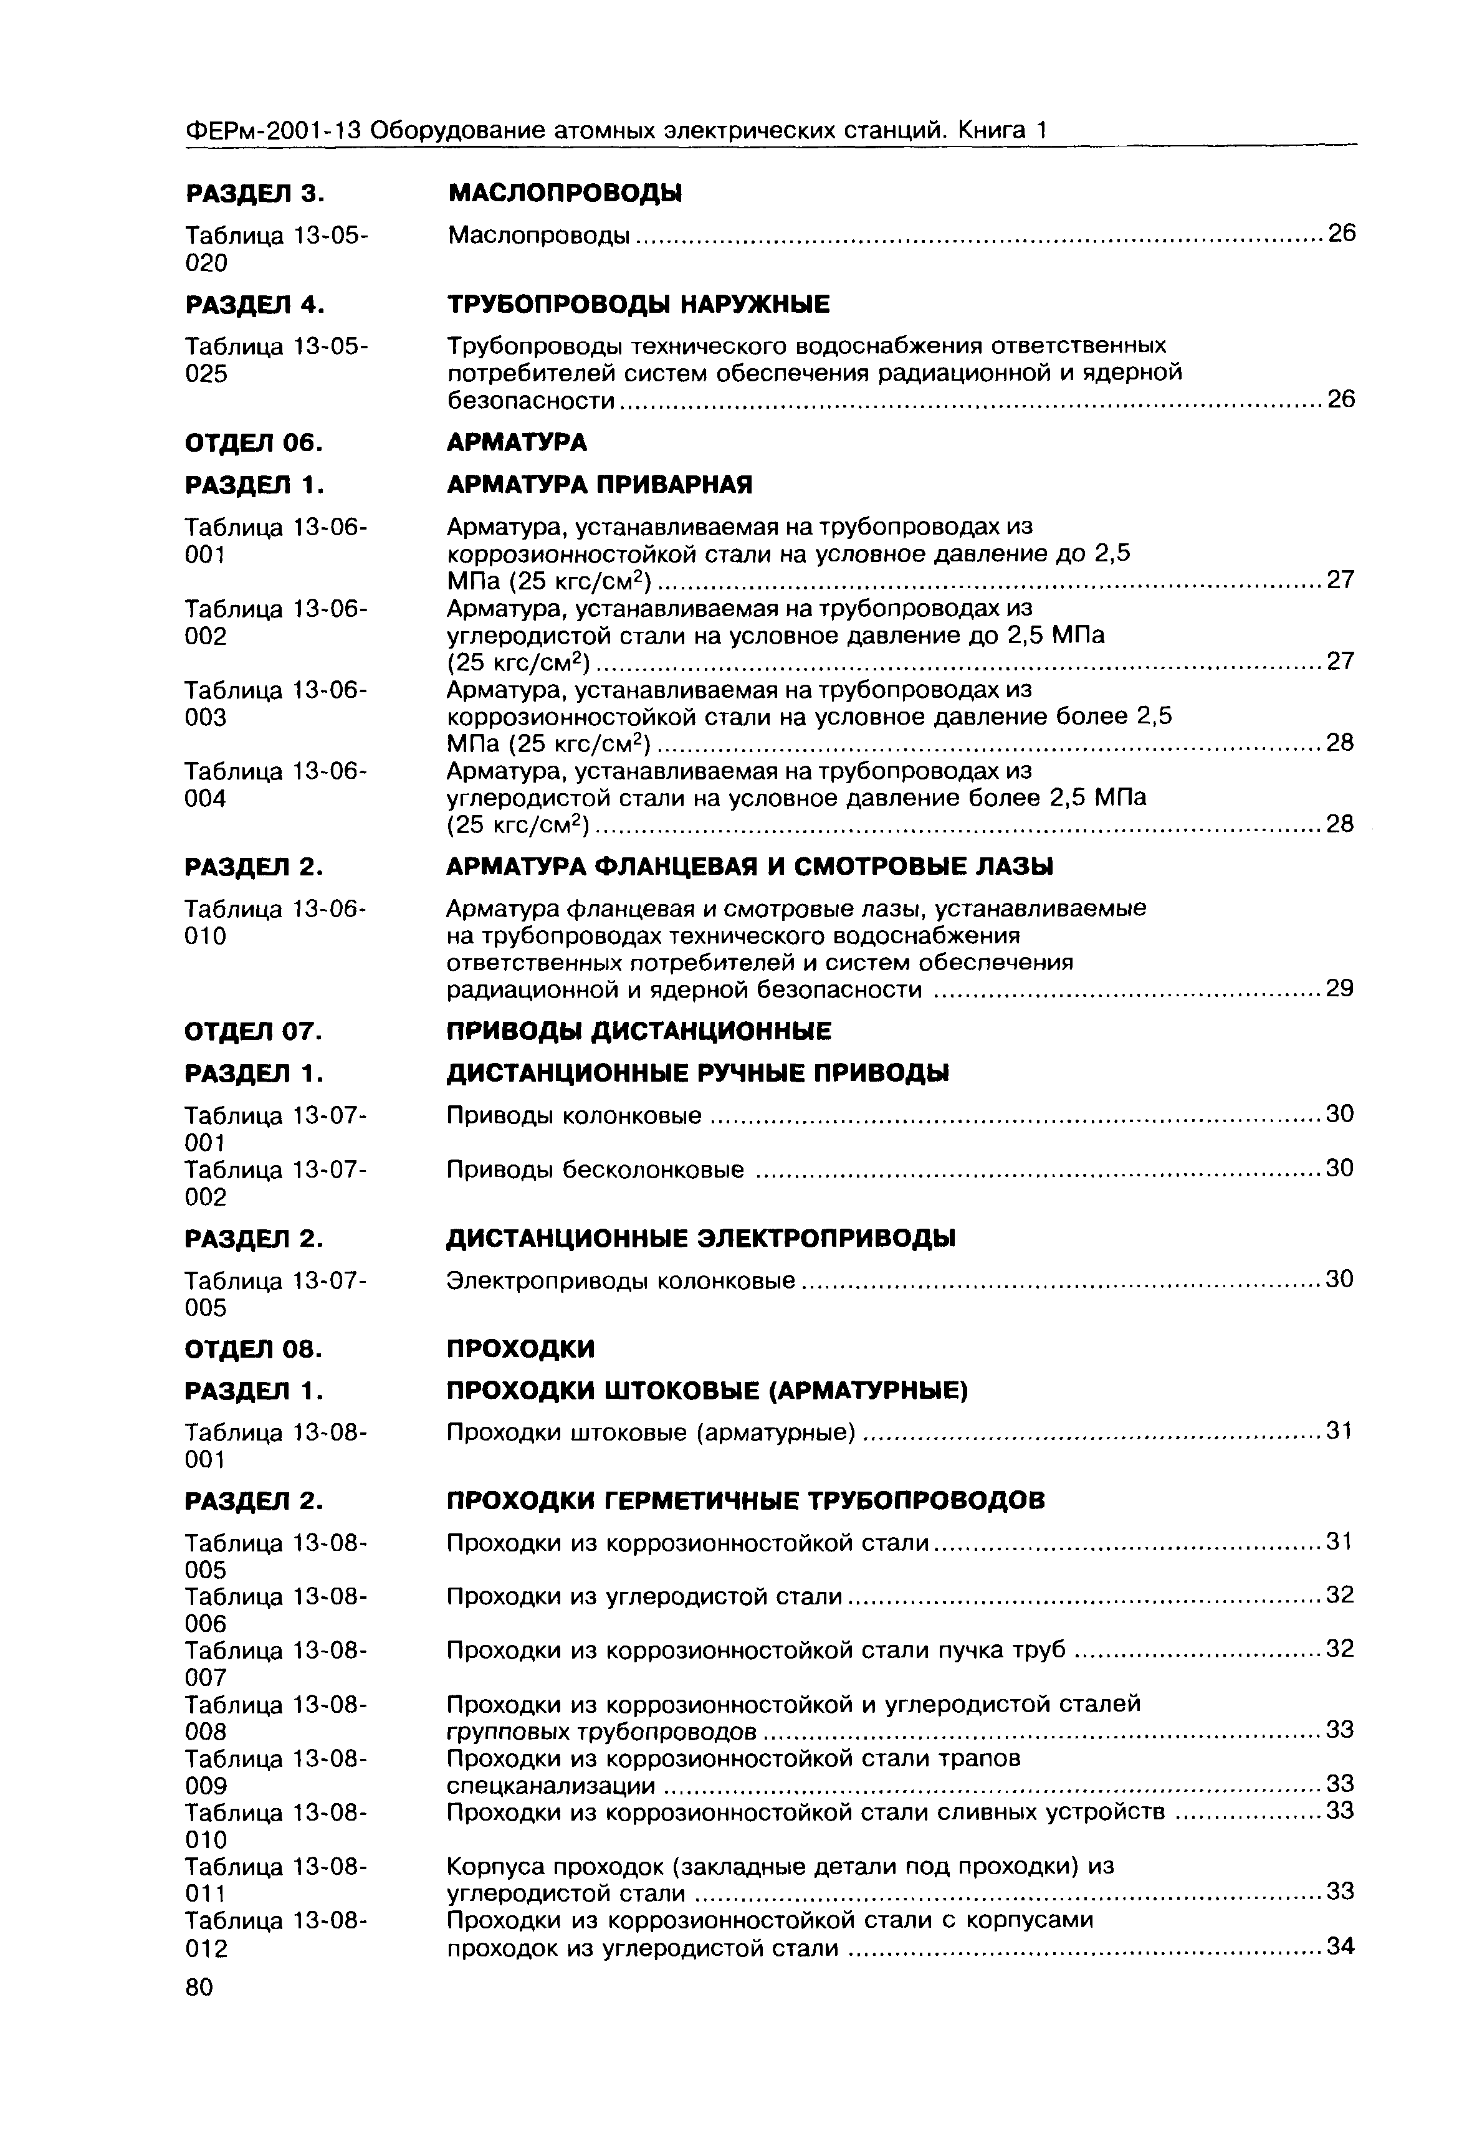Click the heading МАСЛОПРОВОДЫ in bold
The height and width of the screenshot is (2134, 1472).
pyautogui.click(x=565, y=194)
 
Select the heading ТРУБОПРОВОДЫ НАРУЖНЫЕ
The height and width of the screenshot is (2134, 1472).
pyautogui.click(x=638, y=304)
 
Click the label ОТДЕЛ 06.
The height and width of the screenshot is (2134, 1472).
pyautogui.click(x=254, y=444)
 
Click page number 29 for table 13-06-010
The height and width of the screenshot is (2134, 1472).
pyautogui.click(x=1339, y=989)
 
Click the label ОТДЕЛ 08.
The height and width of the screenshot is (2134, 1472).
pyautogui.click(x=254, y=1350)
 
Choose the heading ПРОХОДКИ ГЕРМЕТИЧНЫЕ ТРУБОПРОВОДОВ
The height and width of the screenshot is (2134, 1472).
pyautogui.click(x=745, y=1502)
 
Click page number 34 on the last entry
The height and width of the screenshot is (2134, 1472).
pyautogui.click(x=1339, y=1947)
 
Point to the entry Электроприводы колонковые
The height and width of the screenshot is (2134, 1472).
pyautogui.click(x=621, y=1281)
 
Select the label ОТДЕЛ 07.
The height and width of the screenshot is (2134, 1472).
pyautogui.click(x=254, y=1031)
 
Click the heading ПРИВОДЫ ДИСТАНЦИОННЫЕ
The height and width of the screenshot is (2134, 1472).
pyautogui.click(x=638, y=1031)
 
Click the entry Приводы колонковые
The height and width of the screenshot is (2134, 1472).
pyautogui.click(x=574, y=1116)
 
